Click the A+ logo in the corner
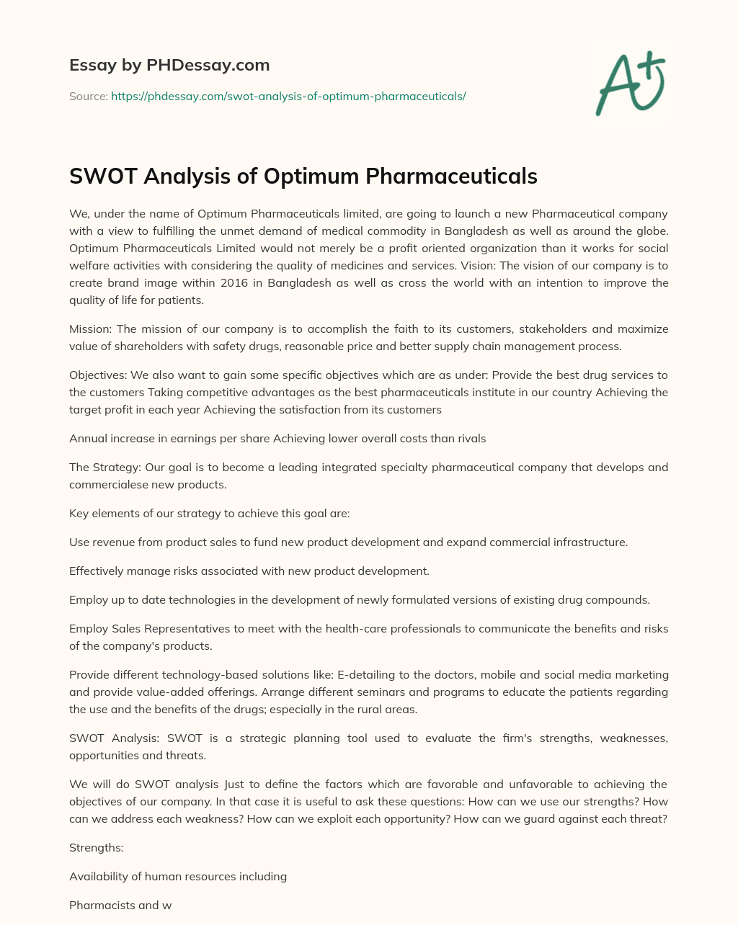point(630,84)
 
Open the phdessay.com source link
point(288,96)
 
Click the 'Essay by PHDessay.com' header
point(169,66)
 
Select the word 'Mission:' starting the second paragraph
point(91,329)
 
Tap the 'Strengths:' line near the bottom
point(97,848)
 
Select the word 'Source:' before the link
point(88,96)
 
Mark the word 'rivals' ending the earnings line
point(469,438)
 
